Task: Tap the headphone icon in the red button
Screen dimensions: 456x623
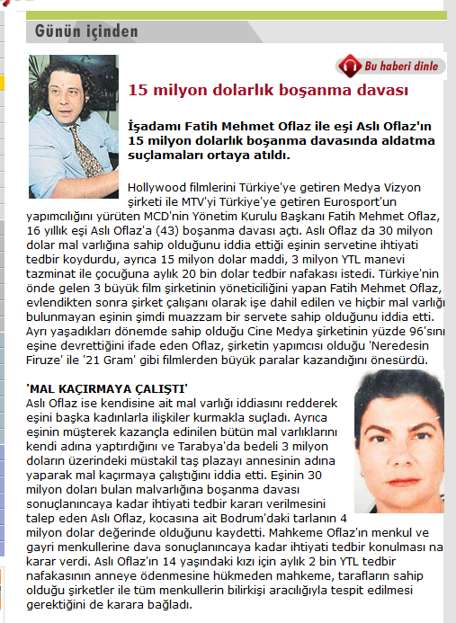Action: (348, 67)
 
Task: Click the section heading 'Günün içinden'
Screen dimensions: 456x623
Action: (86, 31)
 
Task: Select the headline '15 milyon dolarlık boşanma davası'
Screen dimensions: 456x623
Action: (269, 91)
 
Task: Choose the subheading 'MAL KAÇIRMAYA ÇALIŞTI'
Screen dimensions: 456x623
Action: (106, 388)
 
